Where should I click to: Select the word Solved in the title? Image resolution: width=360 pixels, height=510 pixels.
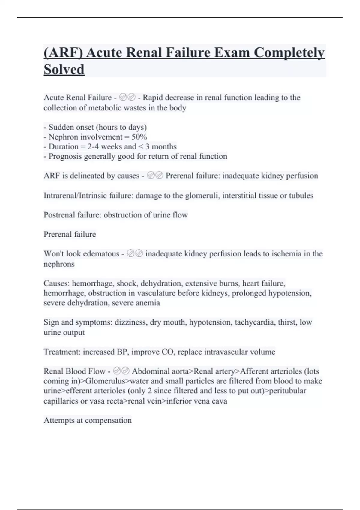(64, 70)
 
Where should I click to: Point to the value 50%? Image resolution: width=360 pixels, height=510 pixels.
(139, 137)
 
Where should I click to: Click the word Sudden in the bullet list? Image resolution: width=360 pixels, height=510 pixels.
(61, 127)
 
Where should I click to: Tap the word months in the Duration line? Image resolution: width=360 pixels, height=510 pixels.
(164, 147)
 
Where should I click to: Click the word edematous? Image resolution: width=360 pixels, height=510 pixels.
(101, 254)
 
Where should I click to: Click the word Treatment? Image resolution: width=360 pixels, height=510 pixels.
(62, 352)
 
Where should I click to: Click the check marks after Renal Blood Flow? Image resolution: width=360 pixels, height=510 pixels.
(121, 371)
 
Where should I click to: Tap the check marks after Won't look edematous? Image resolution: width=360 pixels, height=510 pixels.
(135, 253)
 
